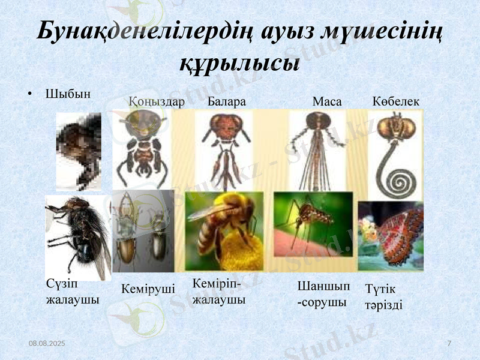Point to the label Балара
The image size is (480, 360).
227,102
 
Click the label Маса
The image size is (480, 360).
327,102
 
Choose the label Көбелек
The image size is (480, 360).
396,102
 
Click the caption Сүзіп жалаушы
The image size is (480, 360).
72,291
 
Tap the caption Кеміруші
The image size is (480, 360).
148,289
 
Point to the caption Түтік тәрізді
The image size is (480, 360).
383,296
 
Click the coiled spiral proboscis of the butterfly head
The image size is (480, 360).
396,180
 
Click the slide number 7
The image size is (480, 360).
449,342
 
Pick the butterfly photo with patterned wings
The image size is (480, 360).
391,236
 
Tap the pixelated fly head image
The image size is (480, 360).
79,151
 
